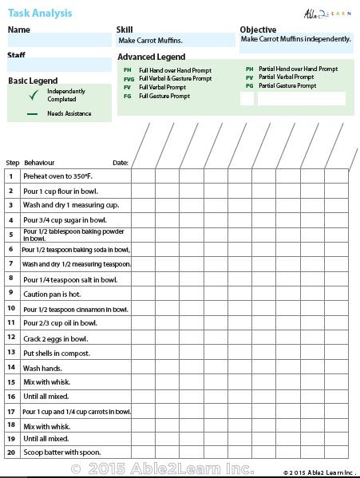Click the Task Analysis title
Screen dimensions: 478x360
pyautogui.click(x=40, y=13)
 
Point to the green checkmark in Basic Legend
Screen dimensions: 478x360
pyautogui.click(x=33, y=95)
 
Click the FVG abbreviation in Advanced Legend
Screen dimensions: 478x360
pyautogui.click(x=129, y=78)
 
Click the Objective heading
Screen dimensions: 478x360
pyautogui.click(x=258, y=30)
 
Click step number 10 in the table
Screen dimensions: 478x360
pyautogui.click(x=11, y=308)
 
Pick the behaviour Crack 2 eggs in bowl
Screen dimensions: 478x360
pyautogui.click(x=56, y=338)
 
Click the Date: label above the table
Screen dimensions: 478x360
pyautogui.click(x=121, y=162)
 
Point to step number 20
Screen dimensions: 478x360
pyautogui.click(x=11, y=452)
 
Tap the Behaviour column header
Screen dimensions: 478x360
pyautogui.click(x=40, y=162)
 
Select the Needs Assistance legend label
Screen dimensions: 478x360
pyautogui.click(x=69, y=114)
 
